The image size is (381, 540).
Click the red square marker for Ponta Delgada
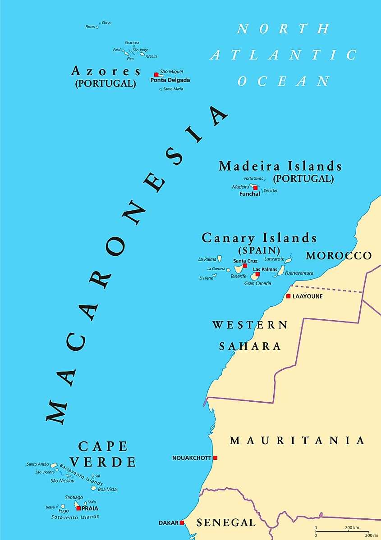coord(156,74)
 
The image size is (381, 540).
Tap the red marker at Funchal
coord(255,187)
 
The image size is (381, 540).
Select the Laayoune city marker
coord(288,296)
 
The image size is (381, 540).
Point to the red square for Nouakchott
coord(216,458)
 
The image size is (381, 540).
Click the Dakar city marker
coord(182,523)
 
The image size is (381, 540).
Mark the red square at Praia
coord(78,508)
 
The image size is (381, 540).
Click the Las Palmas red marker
coord(257,274)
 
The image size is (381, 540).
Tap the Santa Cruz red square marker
coord(245,266)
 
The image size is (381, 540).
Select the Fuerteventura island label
coord(299,273)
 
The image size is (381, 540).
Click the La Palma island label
coord(207,259)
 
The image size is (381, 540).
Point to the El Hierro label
coord(206,278)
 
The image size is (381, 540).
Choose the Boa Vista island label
coord(107,489)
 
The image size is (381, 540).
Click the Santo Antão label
coord(38,464)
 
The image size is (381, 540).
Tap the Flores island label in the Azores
coord(90,27)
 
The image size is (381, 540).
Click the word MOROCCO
coord(339,256)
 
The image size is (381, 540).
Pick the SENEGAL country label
coord(226,522)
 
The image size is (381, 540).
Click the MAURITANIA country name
coord(297,440)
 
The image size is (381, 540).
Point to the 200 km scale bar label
coord(352,527)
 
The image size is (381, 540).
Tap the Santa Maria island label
coord(173,89)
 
